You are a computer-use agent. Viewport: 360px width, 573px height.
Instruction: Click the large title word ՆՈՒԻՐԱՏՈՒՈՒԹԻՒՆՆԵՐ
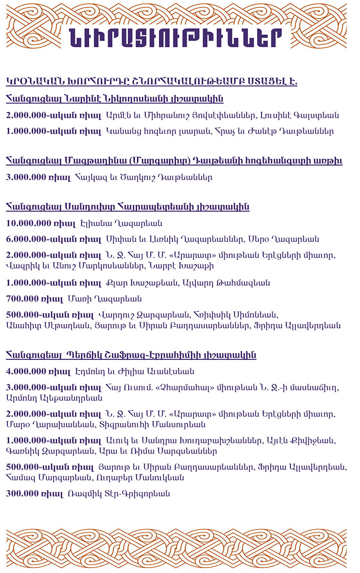tap(176, 38)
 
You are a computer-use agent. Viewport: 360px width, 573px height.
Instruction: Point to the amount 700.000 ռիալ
tap(35, 298)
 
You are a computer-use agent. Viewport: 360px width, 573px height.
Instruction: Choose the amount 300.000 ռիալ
tap(35, 493)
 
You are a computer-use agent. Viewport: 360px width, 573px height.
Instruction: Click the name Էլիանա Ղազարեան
tap(121, 223)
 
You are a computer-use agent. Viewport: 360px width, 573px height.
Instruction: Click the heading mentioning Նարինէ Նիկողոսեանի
tap(114, 99)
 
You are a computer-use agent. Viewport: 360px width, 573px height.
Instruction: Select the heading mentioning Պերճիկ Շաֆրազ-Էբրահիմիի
tap(131, 355)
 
